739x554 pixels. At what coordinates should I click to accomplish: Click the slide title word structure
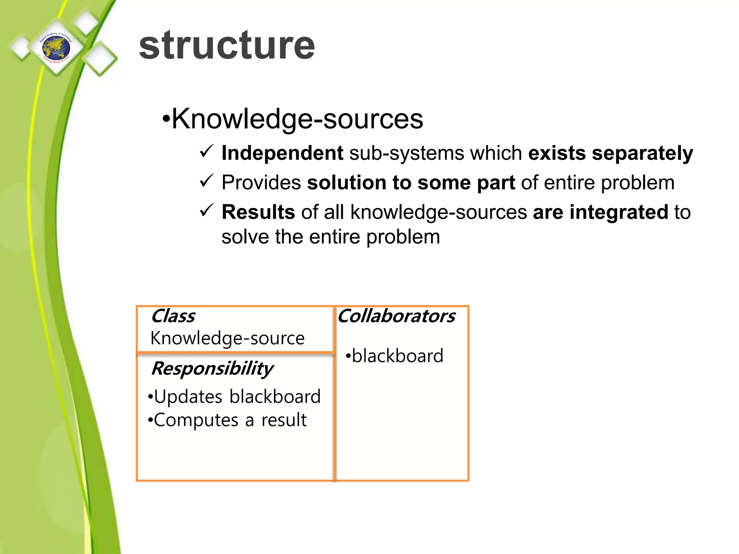point(227,45)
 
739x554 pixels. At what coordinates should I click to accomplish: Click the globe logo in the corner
point(57,48)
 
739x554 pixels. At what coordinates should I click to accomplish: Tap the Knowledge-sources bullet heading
point(297,119)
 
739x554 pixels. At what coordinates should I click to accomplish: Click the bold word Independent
point(282,153)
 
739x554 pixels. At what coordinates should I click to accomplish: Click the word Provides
point(261,183)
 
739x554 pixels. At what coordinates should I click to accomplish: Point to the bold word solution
point(346,183)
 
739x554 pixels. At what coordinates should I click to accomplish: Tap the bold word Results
point(258,212)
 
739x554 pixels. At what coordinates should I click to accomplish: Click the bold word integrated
point(618,212)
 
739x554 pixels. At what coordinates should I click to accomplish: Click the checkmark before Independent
point(207,151)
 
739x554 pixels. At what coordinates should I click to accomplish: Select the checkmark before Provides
point(207,181)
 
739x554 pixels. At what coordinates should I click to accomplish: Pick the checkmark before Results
point(207,210)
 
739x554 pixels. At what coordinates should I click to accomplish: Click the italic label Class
point(173,316)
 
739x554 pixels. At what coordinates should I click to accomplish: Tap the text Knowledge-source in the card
point(227,338)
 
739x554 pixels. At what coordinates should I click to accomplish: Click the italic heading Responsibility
point(212,369)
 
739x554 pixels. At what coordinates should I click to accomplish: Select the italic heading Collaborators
point(396,316)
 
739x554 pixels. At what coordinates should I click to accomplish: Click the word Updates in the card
point(188,397)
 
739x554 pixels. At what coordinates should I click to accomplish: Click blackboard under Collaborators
point(397,356)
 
